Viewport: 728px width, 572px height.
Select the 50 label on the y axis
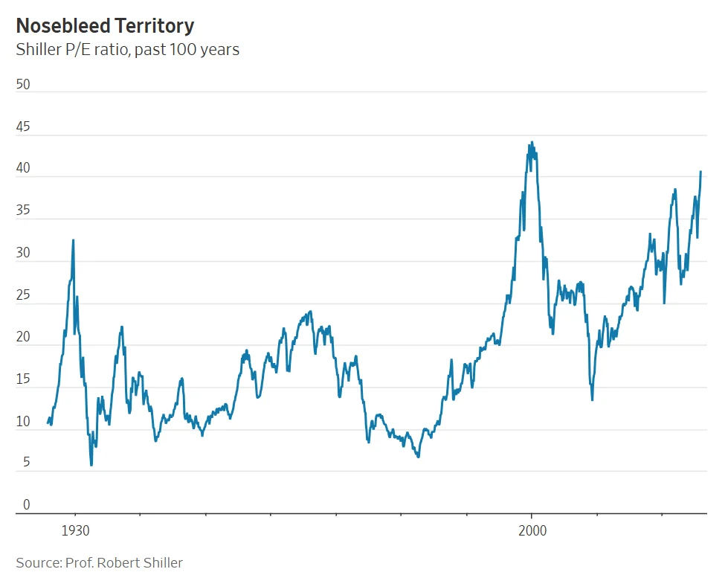[x=23, y=85]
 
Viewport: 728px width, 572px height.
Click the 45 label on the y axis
[x=23, y=127]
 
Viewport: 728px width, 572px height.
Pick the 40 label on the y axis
[x=23, y=169]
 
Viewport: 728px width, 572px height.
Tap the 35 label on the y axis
[x=23, y=211]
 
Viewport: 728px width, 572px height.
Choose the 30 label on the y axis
[x=23, y=253]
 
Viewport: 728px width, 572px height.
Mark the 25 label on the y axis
[x=23, y=295]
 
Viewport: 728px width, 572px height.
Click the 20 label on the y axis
[x=23, y=337]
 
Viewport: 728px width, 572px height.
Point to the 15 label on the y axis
[x=23, y=379]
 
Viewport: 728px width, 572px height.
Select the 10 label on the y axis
[x=23, y=422]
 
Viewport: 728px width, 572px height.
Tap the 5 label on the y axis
[x=27, y=463]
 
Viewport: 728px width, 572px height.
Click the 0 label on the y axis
[x=27, y=505]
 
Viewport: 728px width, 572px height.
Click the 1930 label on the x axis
[x=74, y=531]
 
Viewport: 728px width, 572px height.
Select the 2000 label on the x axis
[x=532, y=531]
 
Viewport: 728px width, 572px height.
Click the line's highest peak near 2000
[x=532, y=142]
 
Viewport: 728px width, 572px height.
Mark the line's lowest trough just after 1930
[x=91, y=465]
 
